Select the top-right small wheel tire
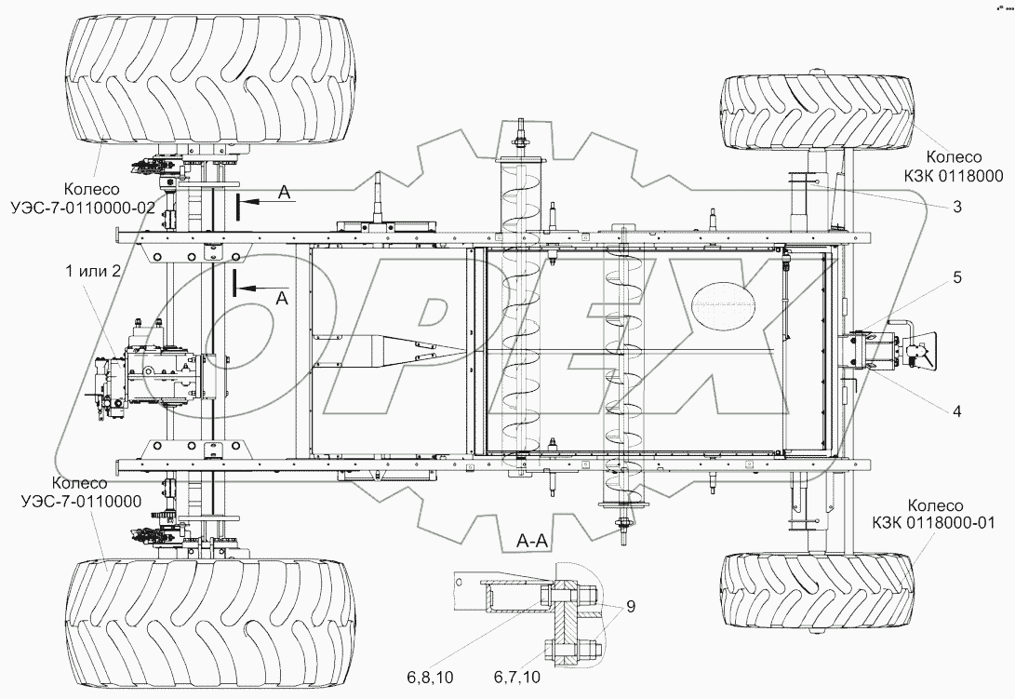(x=817, y=113)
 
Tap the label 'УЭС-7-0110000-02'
(x=97, y=208)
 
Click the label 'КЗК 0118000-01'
(x=941, y=522)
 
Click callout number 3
(x=956, y=207)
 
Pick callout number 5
(x=956, y=277)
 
